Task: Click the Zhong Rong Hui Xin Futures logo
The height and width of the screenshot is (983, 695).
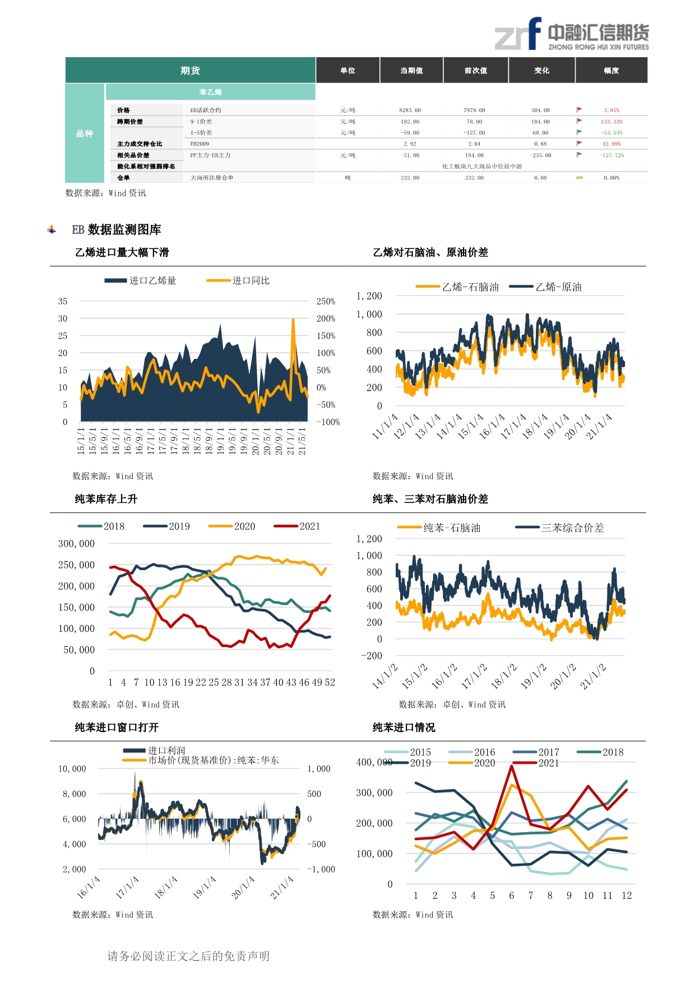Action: pos(571,35)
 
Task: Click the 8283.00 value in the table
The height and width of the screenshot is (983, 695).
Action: pos(410,110)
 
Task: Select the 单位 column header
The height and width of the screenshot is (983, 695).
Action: pos(347,71)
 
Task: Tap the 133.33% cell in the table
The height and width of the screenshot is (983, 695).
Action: pos(611,122)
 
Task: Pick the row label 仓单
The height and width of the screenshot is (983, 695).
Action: pos(123,178)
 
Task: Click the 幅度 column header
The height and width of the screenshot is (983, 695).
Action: pos(611,71)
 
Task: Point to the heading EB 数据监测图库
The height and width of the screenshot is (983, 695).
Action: pos(117,230)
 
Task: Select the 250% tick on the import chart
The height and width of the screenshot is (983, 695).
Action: pos(326,302)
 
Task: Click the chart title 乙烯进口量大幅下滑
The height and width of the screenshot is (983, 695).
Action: pos(122,252)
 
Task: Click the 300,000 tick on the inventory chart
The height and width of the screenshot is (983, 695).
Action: pos(76,544)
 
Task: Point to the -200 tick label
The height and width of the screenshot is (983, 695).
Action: pos(372,656)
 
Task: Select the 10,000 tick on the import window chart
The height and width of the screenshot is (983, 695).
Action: pos(72,769)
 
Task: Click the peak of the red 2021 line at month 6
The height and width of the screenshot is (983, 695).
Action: pos(511,766)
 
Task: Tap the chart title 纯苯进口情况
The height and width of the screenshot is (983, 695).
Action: pos(404,727)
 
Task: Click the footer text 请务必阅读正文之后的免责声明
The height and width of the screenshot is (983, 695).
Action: pos(188,956)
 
